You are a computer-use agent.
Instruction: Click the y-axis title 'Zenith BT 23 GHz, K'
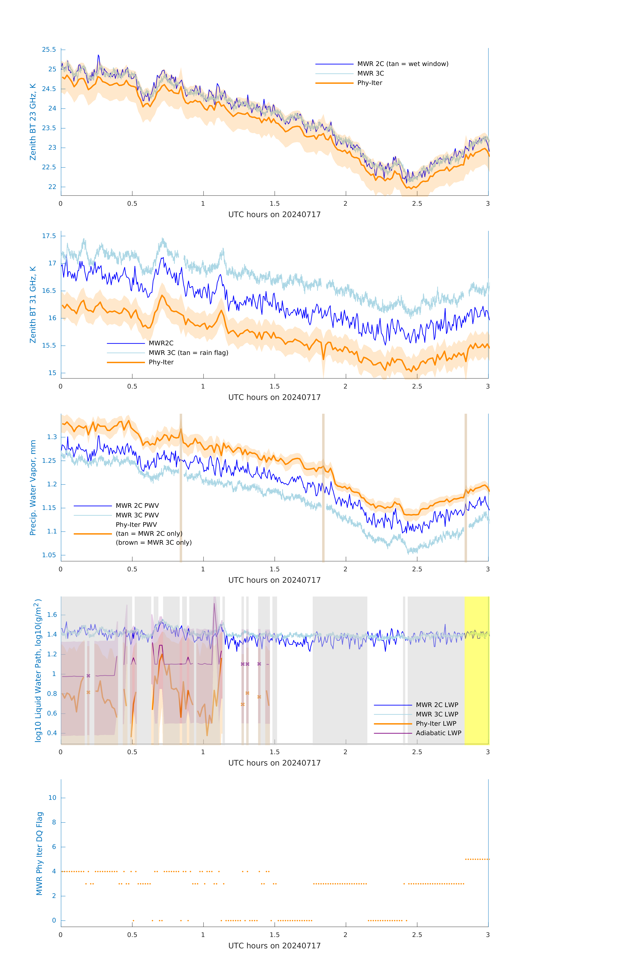coord(33,122)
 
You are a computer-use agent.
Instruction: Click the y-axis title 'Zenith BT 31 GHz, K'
coord(33,305)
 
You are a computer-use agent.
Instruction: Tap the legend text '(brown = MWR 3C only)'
coord(154,543)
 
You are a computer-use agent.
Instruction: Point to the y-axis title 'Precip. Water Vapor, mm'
coord(33,487)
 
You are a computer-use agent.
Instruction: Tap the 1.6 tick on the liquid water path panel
coord(52,615)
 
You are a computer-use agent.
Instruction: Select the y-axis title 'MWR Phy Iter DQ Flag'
coord(39,853)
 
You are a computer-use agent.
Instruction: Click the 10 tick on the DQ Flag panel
coord(52,798)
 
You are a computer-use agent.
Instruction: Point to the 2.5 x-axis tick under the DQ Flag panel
coord(417,935)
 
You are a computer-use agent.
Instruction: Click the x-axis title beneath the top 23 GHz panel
coord(274,215)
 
